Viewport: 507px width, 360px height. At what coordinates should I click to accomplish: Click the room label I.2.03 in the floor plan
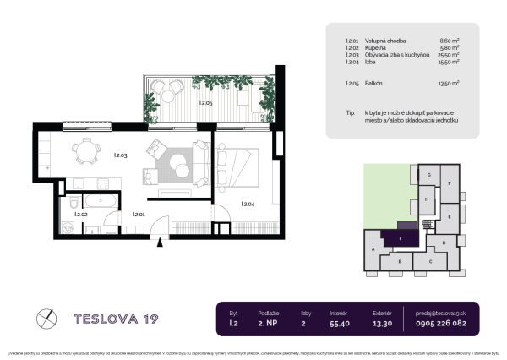120,155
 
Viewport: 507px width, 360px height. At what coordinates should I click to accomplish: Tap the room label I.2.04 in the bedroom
248,204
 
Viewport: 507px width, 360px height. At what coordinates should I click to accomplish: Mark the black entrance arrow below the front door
161,243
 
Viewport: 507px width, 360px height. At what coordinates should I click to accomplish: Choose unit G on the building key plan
429,175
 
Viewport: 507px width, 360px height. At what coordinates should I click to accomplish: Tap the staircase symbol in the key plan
428,223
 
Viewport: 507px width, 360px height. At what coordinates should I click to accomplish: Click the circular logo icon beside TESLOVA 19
47,319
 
